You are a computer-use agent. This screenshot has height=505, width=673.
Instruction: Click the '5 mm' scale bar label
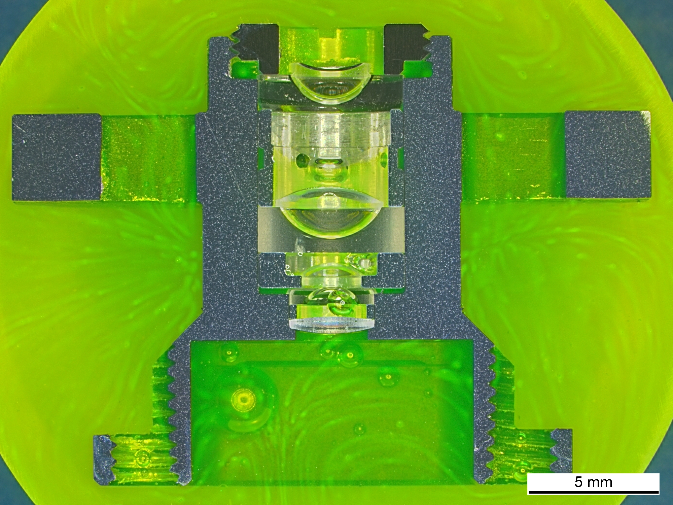pos(593,482)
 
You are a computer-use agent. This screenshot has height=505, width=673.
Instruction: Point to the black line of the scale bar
pos(593,493)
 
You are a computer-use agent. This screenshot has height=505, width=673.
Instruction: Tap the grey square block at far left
pos(57,157)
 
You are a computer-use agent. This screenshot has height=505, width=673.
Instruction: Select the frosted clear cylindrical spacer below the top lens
pos(331,130)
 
